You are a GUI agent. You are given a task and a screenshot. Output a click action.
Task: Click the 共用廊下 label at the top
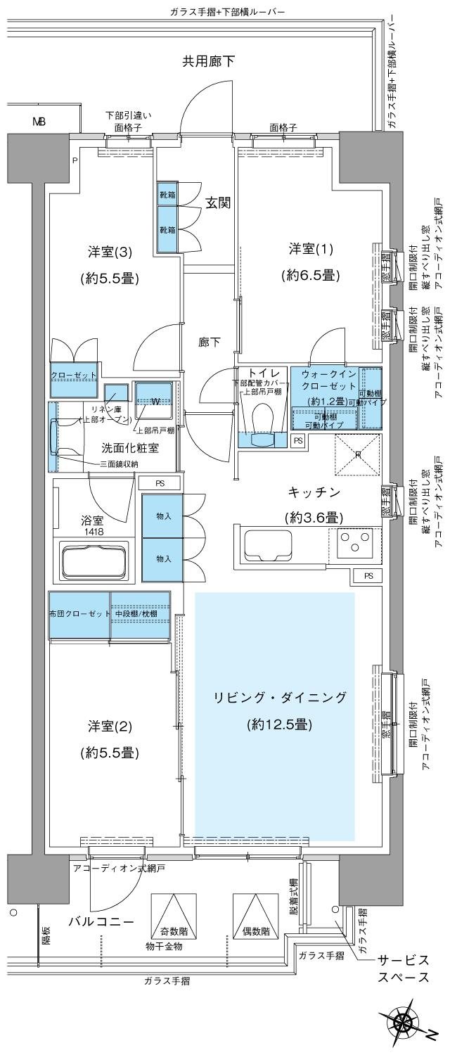coord(209,62)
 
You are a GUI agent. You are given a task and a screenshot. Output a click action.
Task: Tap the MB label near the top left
coord(39,122)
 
